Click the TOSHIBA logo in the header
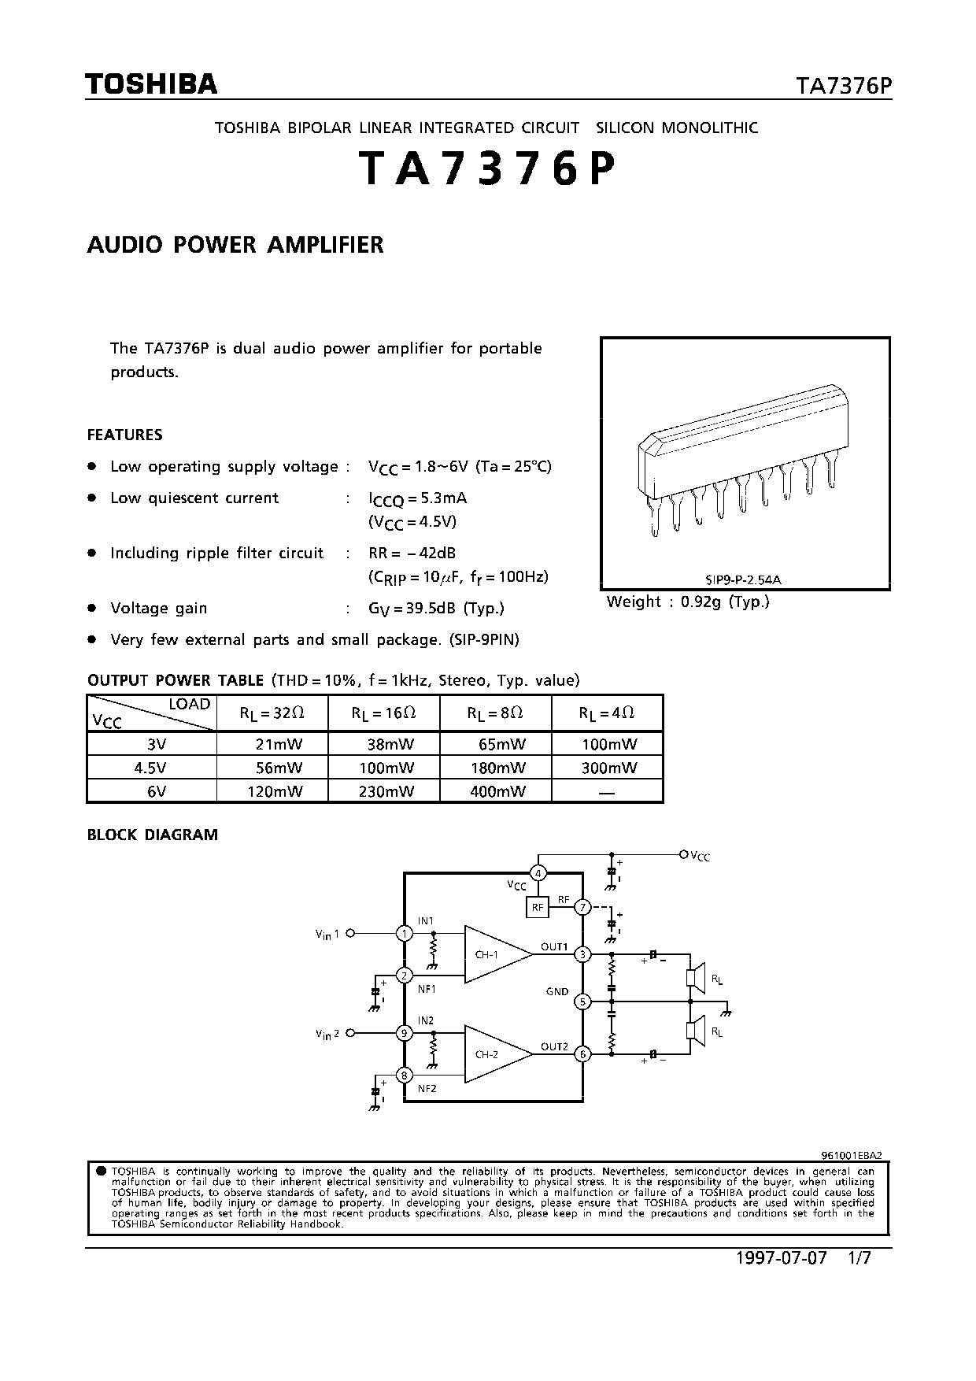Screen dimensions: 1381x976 [151, 84]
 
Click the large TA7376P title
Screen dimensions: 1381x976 [486, 169]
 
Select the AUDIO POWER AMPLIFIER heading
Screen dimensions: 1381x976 [235, 245]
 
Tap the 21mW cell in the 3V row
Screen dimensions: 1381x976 [279, 744]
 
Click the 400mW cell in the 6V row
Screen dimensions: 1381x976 [497, 791]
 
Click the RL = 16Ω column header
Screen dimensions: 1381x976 [383, 713]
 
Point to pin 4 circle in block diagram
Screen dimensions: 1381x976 [538, 873]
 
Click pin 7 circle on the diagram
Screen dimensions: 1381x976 [582, 908]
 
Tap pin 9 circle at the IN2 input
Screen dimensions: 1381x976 [404, 1033]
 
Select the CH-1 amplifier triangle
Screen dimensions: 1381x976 [492, 954]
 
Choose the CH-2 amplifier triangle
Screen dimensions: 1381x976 [492, 1054]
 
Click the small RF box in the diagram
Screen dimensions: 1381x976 [537, 908]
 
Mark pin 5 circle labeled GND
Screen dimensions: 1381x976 [582, 1002]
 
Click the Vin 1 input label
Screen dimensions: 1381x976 [327, 935]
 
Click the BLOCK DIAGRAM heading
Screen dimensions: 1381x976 [152, 835]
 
